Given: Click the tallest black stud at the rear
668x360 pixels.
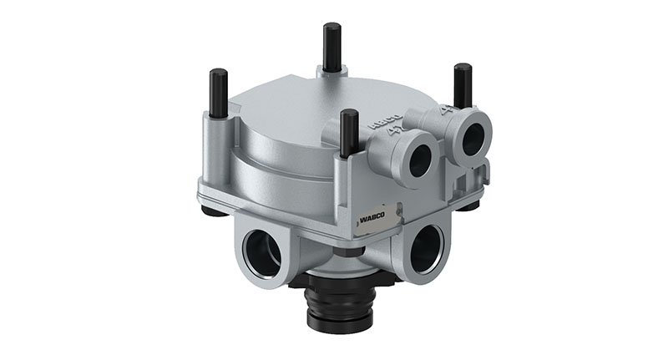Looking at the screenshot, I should point(332,47).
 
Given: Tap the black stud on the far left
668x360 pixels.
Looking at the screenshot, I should point(219,93).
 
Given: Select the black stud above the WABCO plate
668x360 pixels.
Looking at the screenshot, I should point(350,133).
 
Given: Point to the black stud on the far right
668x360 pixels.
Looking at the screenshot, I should point(463,85).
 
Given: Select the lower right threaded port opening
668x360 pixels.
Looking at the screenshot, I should point(426,248).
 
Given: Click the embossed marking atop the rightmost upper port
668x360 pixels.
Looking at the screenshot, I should point(448,109).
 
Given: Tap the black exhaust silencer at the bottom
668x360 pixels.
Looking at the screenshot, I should point(337,300).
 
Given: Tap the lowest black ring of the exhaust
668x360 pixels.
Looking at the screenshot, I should point(337,322).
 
